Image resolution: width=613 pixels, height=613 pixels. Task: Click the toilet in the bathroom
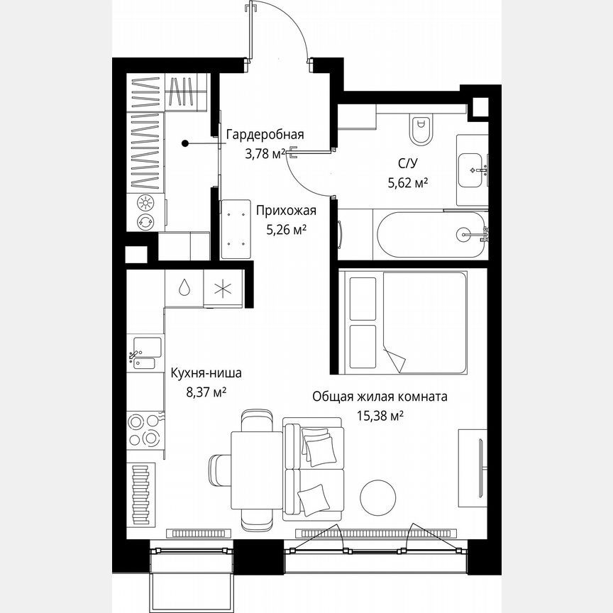[x=421, y=130]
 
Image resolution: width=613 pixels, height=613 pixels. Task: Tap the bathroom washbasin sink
[x=470, y=170]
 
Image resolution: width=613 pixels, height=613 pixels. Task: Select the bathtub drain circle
[x=464, y=235]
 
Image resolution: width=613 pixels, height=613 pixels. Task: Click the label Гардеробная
[x=265, y=135]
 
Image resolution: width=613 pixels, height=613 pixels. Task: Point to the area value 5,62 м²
[x=407, y=182]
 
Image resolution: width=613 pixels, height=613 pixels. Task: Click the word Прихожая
[x=286, y=211]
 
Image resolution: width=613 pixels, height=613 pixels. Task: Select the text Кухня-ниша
[x=206, y=373]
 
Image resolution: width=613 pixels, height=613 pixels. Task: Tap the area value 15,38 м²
[x=380, y=416]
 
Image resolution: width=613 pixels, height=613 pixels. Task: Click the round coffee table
[x=377, y=497]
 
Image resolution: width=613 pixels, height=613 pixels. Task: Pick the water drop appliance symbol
[x=184, y=288]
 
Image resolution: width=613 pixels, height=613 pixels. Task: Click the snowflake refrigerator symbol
[x=223, y=289]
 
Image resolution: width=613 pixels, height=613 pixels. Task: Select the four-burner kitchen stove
[x=145, y=430]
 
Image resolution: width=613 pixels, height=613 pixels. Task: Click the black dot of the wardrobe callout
[x=185, y=143]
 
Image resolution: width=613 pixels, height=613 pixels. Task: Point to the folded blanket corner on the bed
[x=394, y=358]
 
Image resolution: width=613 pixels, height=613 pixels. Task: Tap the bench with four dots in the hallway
[x=236, y=229]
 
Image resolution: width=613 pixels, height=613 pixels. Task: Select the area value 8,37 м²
[x=206, y=392]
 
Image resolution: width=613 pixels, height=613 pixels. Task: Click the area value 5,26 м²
[x=286, y=229]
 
